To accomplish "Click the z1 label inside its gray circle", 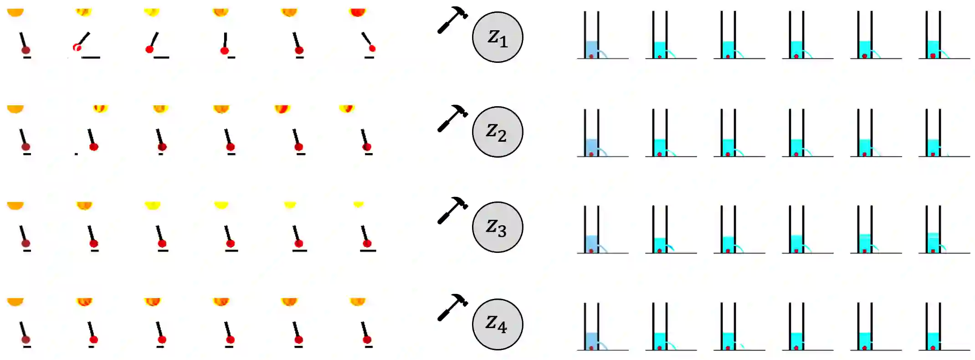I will coord(497,37).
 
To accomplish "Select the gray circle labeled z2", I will coord(497,132).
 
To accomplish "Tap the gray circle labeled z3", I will coord(497,226).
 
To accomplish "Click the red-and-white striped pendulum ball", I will coord(77,47).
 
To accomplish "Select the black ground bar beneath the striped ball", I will coord(91,57).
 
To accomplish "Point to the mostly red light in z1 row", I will coord(358,12).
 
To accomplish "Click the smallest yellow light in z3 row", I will coord(358,204).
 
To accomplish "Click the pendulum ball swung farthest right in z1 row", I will coord(372,48).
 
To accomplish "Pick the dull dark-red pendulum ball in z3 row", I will coord(26,243).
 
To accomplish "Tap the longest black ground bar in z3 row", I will coord(368,251).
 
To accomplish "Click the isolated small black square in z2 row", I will coord(76,154).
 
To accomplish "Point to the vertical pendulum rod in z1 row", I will coord(225,40).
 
